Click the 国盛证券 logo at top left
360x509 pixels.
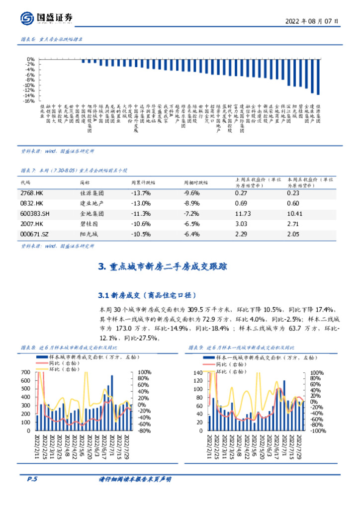coord(47,18)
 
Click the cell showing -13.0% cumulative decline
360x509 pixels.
coord(141,203)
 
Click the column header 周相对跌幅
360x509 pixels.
coord(196,183)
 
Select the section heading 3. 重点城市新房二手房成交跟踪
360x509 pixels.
coord(163,267)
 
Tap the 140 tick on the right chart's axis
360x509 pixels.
coord(197,372)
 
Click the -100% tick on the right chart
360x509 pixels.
coord(319,431)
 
